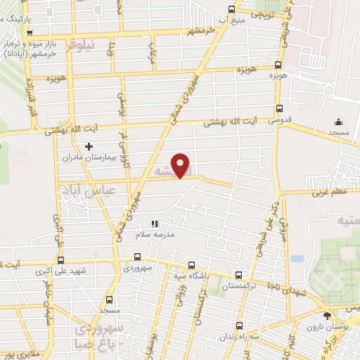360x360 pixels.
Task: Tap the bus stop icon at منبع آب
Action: click(232, 9)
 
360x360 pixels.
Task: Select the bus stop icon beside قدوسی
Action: click(279, 109)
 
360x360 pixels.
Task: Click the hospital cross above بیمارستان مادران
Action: click(88, 146)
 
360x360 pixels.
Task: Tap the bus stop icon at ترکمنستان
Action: click(239, 276)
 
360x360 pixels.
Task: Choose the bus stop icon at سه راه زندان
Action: click(239, 326)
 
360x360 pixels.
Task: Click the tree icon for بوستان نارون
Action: click(327, 314)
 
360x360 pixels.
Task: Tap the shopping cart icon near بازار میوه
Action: click(28, 32)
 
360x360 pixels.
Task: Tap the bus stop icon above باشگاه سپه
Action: click(192, 266)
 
